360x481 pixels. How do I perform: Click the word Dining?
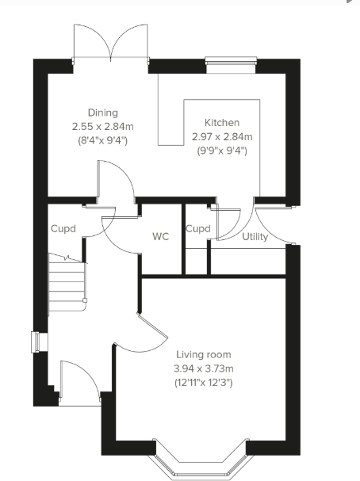[x=99, y=113]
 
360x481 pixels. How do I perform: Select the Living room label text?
[x=203, y=354]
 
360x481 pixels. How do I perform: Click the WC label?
[x=161, y=236]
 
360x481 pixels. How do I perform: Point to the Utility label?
[x=255, y=237]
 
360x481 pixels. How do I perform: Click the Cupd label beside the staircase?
[x=63, y=229]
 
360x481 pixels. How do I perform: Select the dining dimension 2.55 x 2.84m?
[x=99, y=126]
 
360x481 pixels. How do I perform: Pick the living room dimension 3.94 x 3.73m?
[x=203, y=368]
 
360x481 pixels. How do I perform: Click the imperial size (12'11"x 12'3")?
[x=203, y=383]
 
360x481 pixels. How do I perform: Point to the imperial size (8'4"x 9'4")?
[x=99, y=140]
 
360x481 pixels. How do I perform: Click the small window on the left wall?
[x=35, y=342]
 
